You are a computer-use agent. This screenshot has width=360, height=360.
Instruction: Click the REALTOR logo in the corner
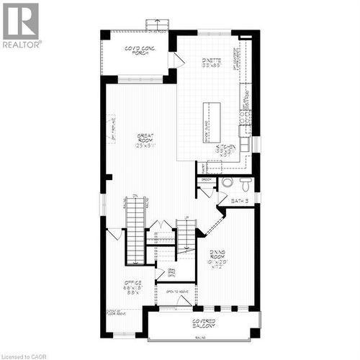21,24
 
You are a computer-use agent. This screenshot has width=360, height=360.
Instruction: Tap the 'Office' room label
132,282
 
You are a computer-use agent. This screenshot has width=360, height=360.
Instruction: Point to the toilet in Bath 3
228,182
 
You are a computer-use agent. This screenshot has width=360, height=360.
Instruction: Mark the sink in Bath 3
246,181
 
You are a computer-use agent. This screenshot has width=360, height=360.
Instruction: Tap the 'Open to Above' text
176,292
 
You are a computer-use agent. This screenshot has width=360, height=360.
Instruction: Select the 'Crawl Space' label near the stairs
171,272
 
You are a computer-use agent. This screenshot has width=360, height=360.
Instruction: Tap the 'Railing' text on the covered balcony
198,336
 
